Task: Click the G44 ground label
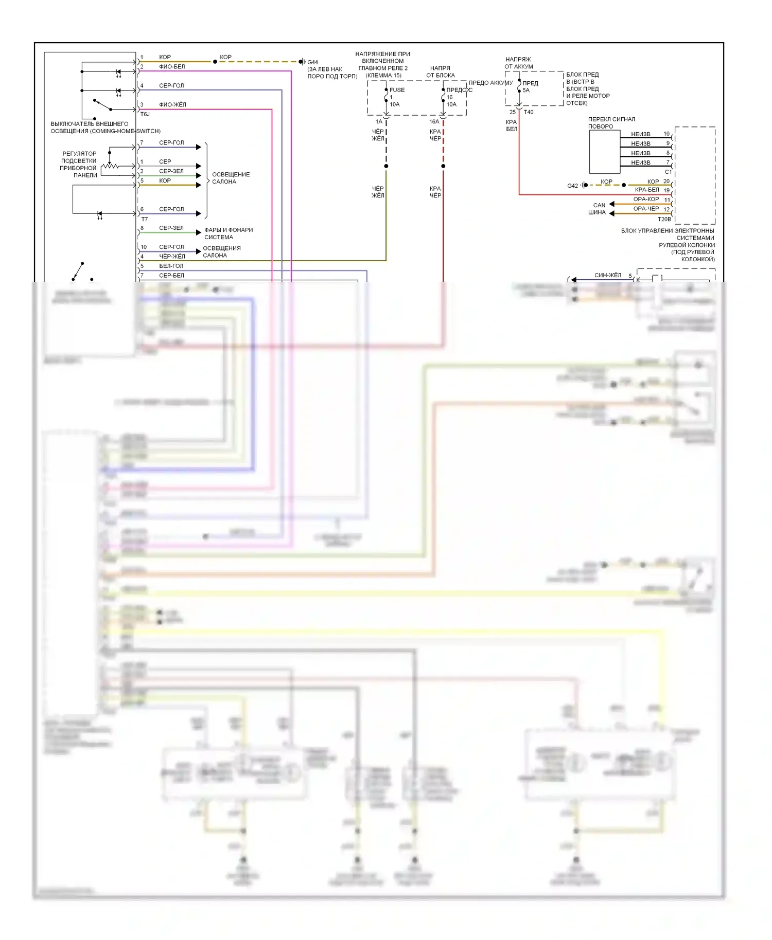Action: [x=313, y=62]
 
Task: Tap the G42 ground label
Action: [x=572, y=186]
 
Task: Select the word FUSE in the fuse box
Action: [x=397, y=90]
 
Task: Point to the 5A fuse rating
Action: [x=526, y=91]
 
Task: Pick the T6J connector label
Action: [x=145, y=114]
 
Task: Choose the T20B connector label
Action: [x=664, y=219]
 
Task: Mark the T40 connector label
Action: [x=529, y=112]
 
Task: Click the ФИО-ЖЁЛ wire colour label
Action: [x=172, y=105]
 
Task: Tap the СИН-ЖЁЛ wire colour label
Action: [x=608, y=275]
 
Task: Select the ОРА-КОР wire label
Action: [x=646, y=199]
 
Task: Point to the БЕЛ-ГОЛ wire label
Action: [x=171, y=266]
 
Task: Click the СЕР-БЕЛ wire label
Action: [x=171, y=276]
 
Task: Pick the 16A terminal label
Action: [x=434, y=122]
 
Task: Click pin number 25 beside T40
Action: [x=512, y=112]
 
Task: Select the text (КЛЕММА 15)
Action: [x=383, y=75]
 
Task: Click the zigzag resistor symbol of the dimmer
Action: [x=110, y=166]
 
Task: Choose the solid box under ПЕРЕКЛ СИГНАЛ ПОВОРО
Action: [x=604, y=152]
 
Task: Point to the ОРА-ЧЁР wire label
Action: [x=646, y=209]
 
